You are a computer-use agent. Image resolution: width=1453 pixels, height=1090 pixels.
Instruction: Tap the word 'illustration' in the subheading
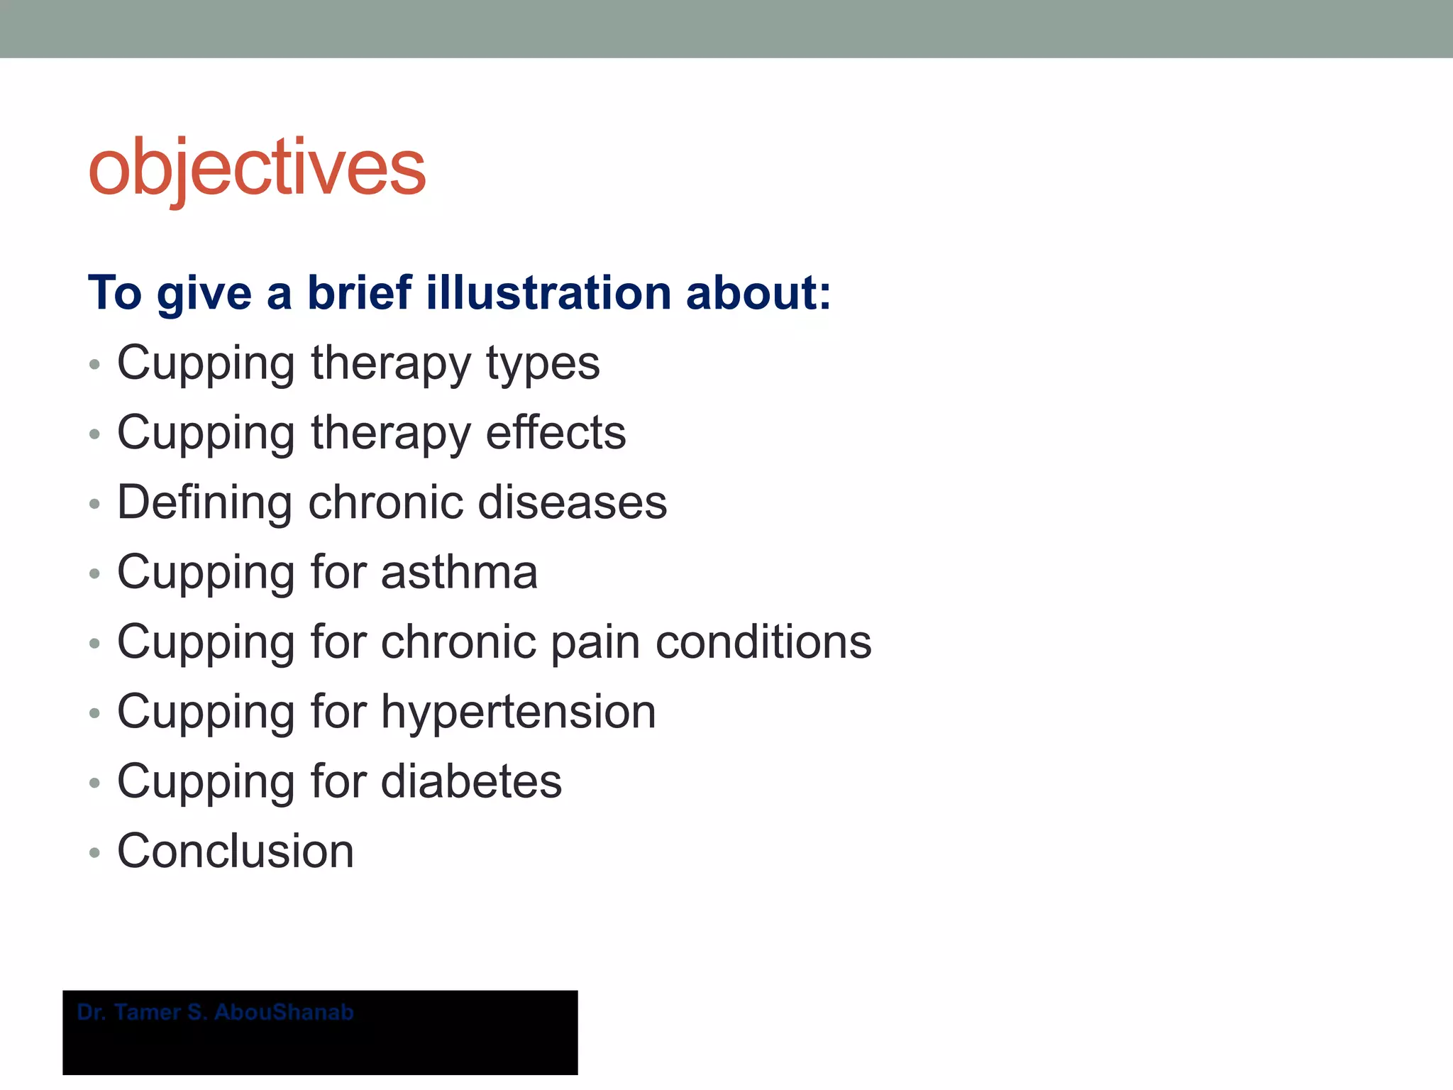tap(548, 292)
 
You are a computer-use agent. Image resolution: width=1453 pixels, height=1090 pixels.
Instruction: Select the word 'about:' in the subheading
tap(758, 292)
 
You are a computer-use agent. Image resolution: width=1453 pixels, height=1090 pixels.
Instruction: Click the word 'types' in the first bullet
tap(543, 363)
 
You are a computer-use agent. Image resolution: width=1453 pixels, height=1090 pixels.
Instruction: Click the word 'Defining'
tap(204, 502)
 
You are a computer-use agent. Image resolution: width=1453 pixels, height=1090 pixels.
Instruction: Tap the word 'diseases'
tap(572, 502)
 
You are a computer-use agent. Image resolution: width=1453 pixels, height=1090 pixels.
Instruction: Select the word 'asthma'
tap(459, 572)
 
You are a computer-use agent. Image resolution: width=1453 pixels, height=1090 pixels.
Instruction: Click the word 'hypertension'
tap(518, 712)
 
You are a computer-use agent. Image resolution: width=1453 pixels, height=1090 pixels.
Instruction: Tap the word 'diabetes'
tap(471, 781)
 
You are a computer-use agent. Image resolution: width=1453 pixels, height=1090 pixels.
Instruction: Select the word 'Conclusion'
tap(236, 851)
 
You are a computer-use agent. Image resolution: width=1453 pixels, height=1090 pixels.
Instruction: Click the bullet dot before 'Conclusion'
tap(94, 853)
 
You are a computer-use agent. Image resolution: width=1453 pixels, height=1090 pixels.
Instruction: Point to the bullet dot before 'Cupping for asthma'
tap(94, 574)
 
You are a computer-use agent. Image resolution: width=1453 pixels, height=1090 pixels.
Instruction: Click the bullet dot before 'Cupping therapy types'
tap(94, 365)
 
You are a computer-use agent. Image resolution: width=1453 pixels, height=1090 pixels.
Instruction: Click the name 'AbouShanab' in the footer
tap(284, 1012)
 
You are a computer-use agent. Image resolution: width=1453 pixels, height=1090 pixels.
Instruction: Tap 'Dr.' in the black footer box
tap(92, 1012)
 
